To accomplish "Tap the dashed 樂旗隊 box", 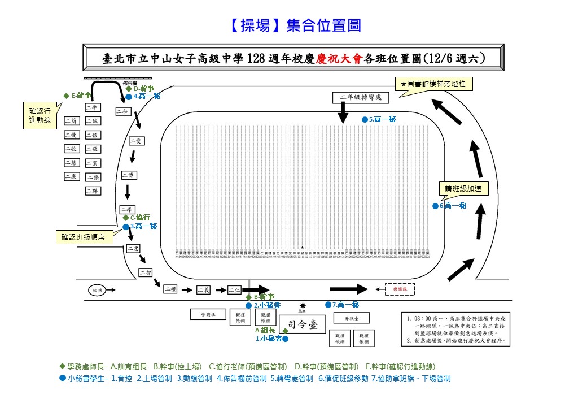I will point(399,289).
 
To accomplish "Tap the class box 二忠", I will point(134,248).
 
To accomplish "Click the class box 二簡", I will point(72,120).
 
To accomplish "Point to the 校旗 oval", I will point(97,291).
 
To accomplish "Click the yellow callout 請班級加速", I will point(462,189).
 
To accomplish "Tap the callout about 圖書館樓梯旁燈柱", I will point(434,84).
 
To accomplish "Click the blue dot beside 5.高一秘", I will point(365,120).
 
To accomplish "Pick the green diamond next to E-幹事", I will point(67,96).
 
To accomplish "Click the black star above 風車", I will point(302,305).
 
